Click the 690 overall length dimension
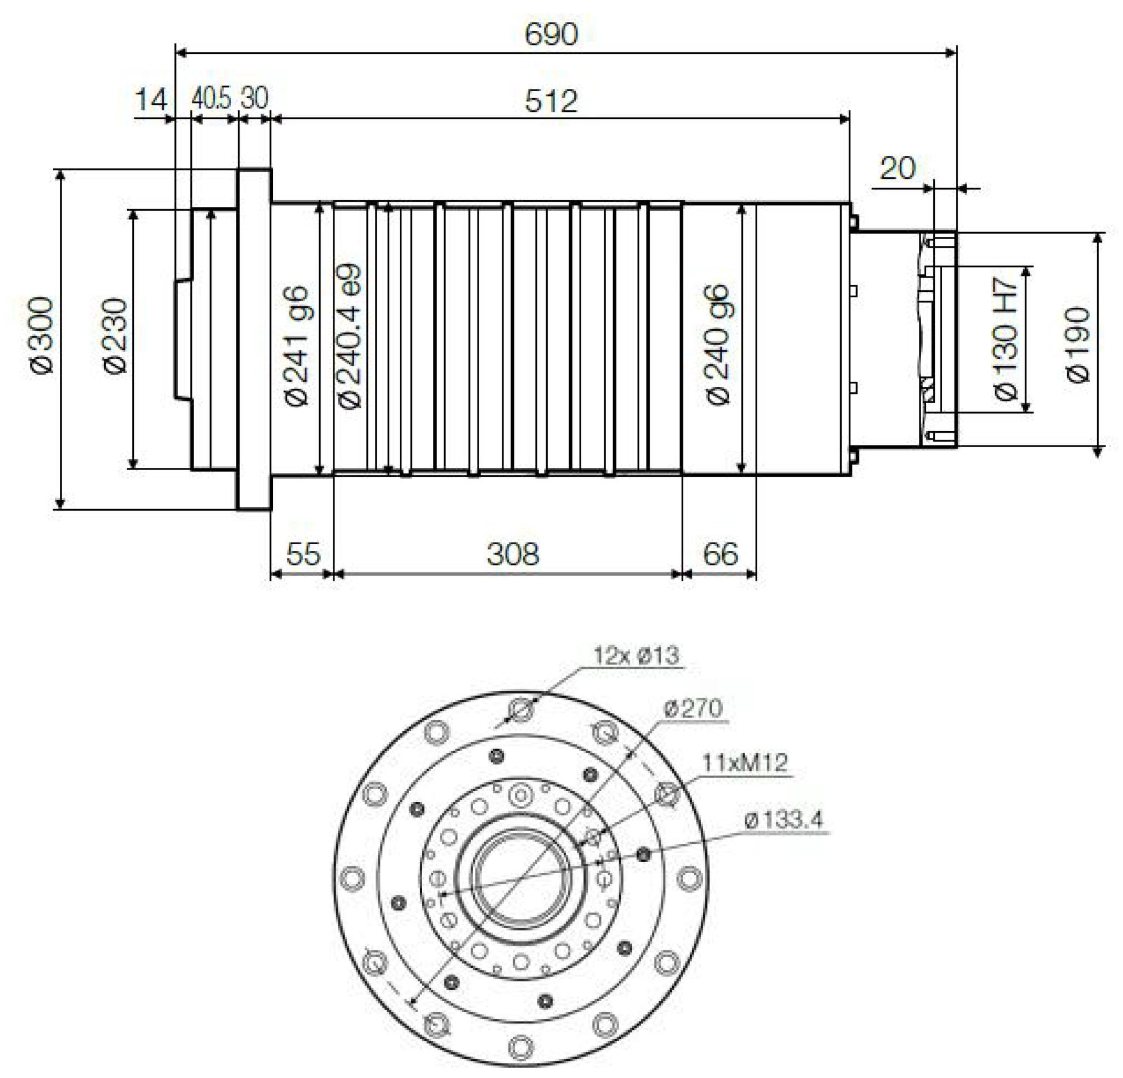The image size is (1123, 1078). (x=551, y=35)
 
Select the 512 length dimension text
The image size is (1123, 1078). (x=551, y=101)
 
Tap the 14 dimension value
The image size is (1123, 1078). (x=151, y=100)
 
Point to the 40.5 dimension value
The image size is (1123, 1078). (x=211, y=99)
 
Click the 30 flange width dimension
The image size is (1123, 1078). (x=254, y=99)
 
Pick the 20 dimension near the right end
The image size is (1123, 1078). (x=897, y=168)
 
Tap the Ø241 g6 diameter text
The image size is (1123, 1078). (x=297, y=346)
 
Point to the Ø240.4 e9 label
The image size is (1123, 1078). (x=349, y=336)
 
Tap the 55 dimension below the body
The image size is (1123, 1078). (x=303, y=554)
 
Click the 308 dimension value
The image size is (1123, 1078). (x=513, y=554)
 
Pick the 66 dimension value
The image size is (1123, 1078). (x=720, y=554)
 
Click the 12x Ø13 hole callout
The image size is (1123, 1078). (x=636, y=655)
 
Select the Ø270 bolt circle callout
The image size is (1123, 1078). (x=693, y=708)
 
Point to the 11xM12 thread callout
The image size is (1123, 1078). (x=744, y=763)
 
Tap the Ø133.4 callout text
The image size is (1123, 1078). (x=783, y=820)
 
